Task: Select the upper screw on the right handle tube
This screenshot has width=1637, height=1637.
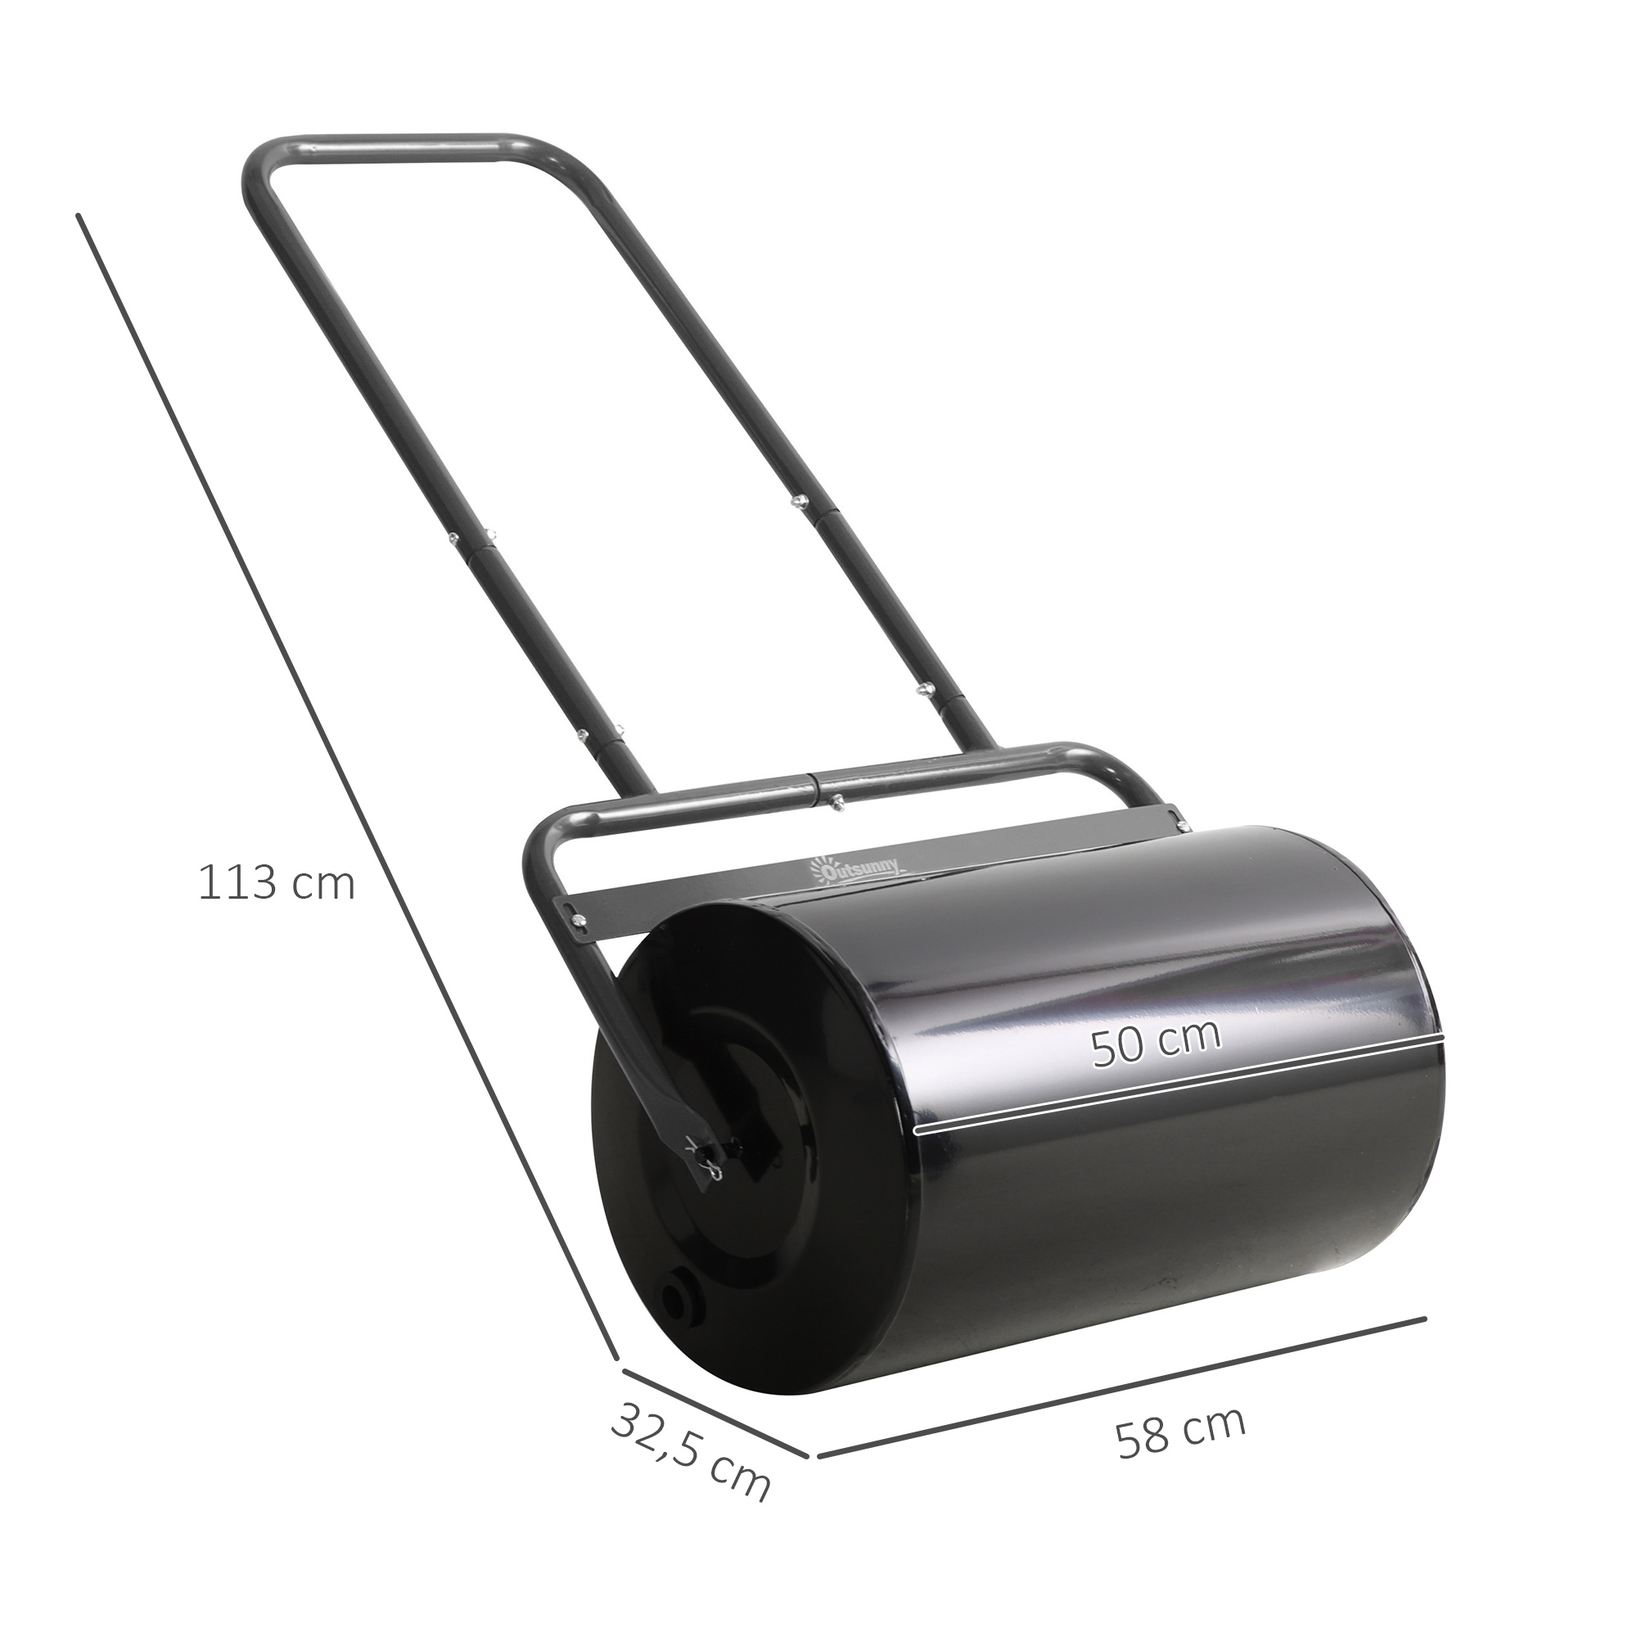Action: [x=796, y=502]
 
